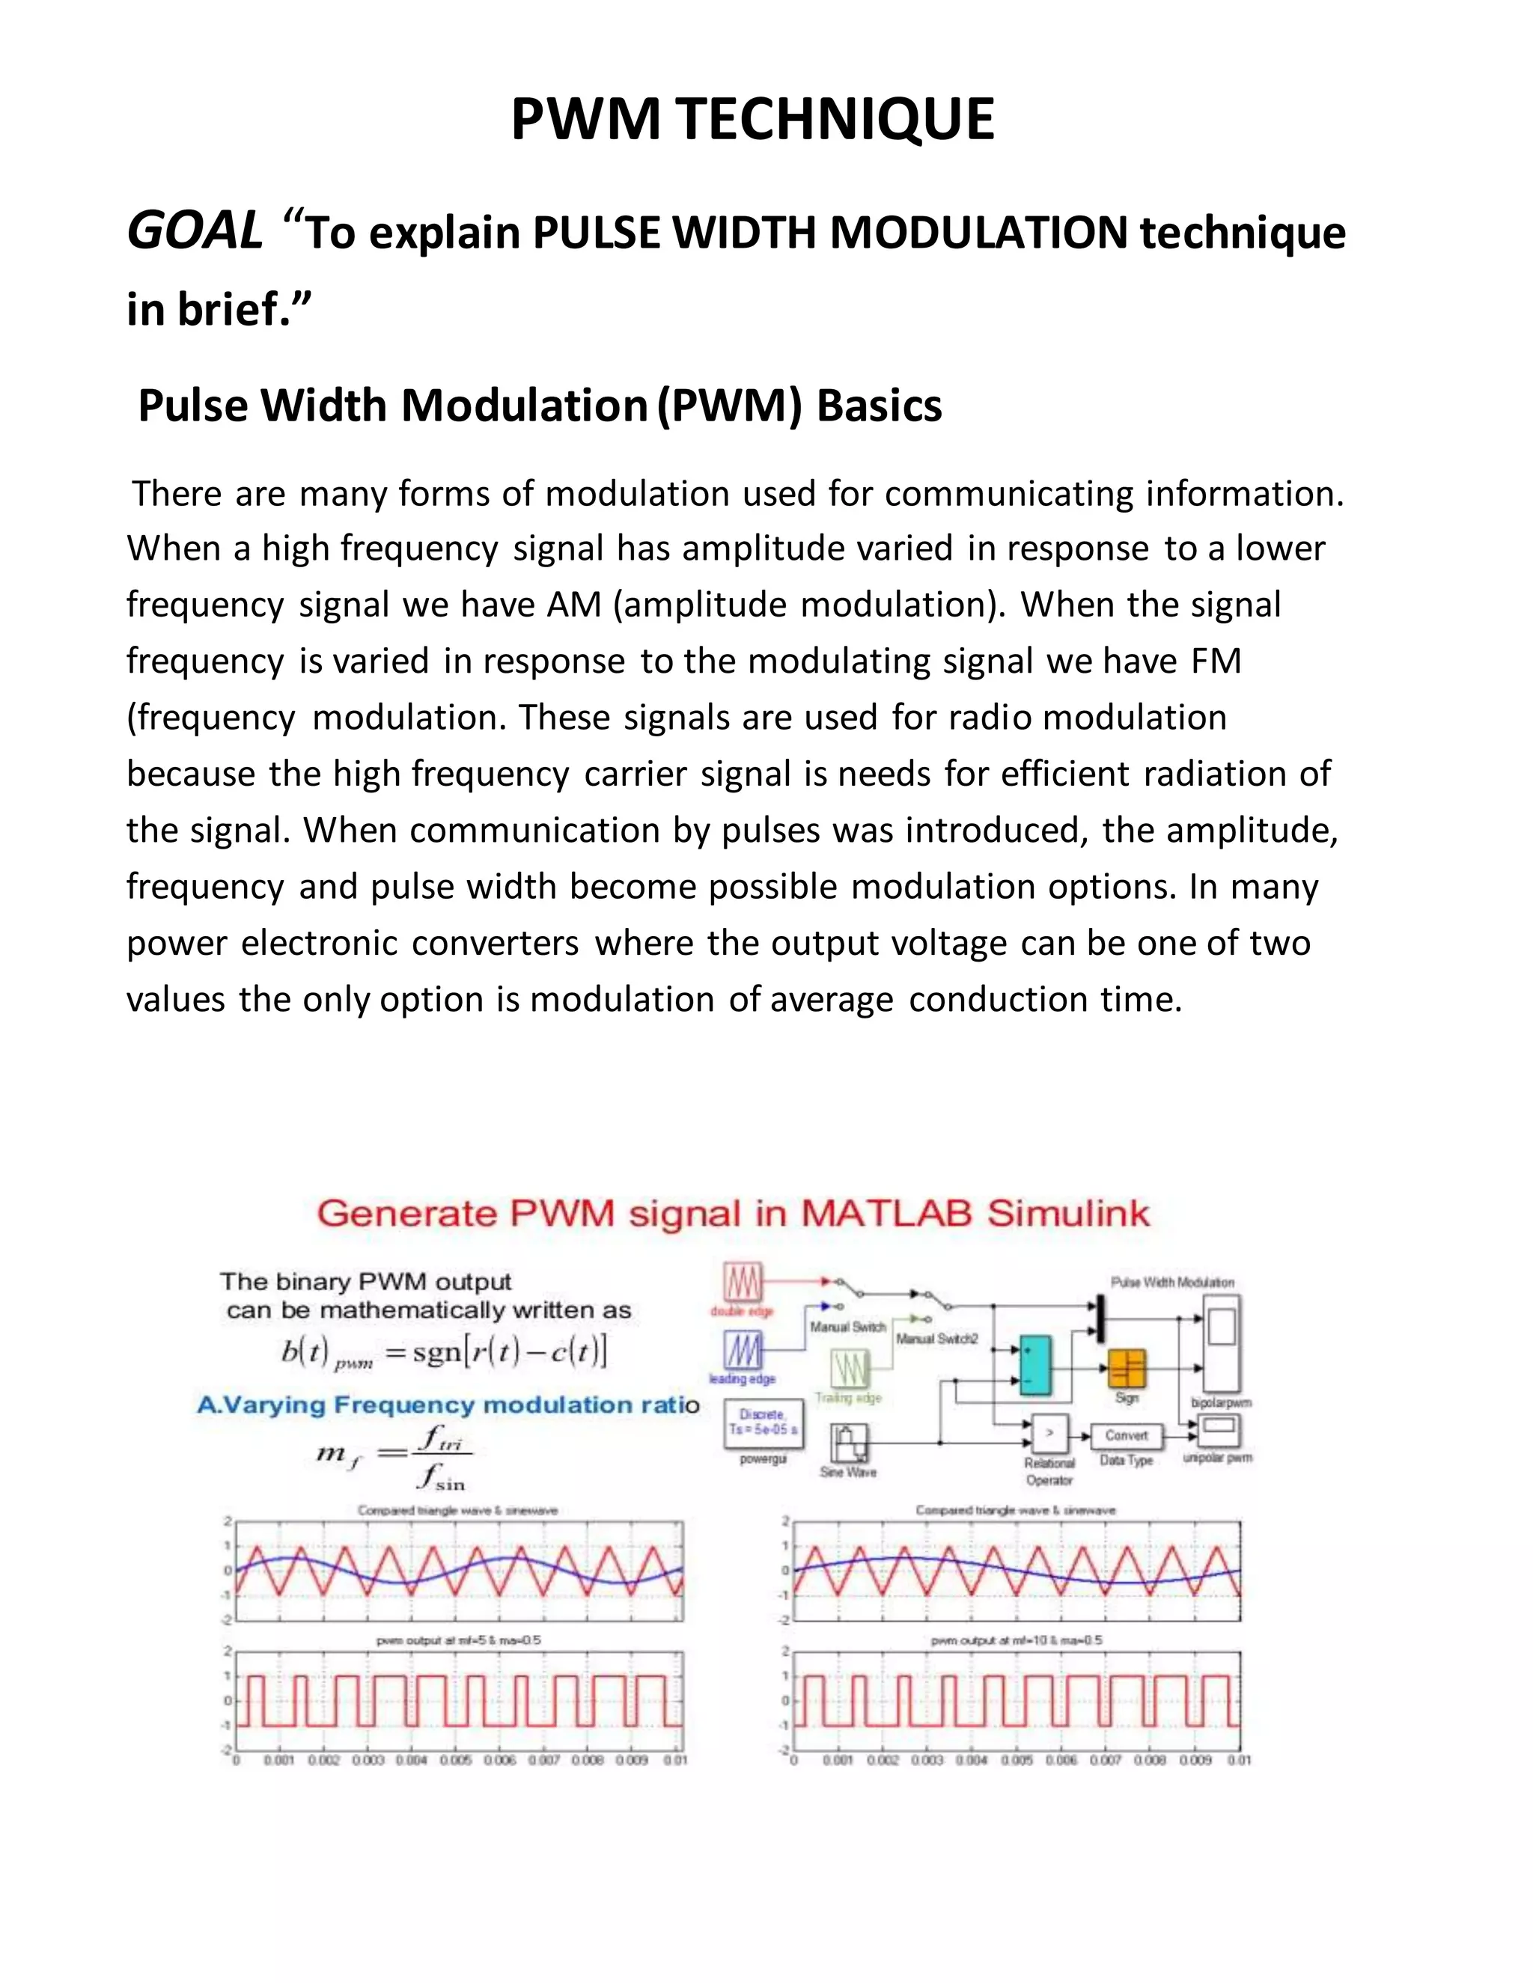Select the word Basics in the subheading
(878, 406)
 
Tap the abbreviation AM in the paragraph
(573, 605)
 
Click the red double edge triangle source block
(743, 1283)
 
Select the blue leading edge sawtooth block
(743, 1350)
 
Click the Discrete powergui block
(763, 1422)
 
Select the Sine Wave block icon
(849, 1442)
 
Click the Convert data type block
(1126, 1435)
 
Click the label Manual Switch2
(936, 1339)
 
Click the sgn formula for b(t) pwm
(443, 1354)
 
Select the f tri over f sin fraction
(442, 1456)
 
